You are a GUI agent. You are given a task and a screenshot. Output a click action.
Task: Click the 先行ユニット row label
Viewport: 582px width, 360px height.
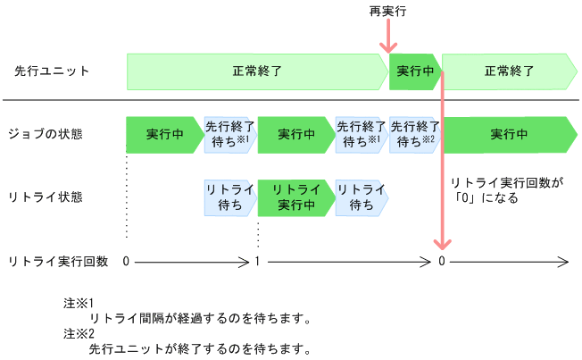click(x=53, y=71)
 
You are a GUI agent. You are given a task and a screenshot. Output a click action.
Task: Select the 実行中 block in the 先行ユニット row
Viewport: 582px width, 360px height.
click(x=415, y=71)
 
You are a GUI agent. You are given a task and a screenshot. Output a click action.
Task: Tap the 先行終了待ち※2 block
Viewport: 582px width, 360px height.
click(x=415, y=134)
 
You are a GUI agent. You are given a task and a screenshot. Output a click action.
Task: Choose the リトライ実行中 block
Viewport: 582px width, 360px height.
click(x=295, y=197)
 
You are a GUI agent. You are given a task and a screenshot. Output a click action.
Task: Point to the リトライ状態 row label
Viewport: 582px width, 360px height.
click(x=46, y=197)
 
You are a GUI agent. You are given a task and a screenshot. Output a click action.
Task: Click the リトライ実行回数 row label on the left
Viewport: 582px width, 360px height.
click(x=58, y=261)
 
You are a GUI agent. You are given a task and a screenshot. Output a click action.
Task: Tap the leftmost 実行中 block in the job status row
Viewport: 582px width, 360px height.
click(x=164, y=134)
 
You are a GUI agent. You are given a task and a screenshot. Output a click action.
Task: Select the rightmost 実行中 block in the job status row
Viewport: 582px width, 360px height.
click(x=509, y=134)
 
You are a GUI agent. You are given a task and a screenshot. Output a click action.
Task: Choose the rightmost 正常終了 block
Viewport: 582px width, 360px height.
click(x=509, y=71)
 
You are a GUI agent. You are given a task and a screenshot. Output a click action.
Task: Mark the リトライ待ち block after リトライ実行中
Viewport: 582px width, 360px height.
click(x=361, y=197)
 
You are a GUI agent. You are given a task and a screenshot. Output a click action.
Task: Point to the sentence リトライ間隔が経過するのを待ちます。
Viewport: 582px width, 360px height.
click(x=200, y=317)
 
